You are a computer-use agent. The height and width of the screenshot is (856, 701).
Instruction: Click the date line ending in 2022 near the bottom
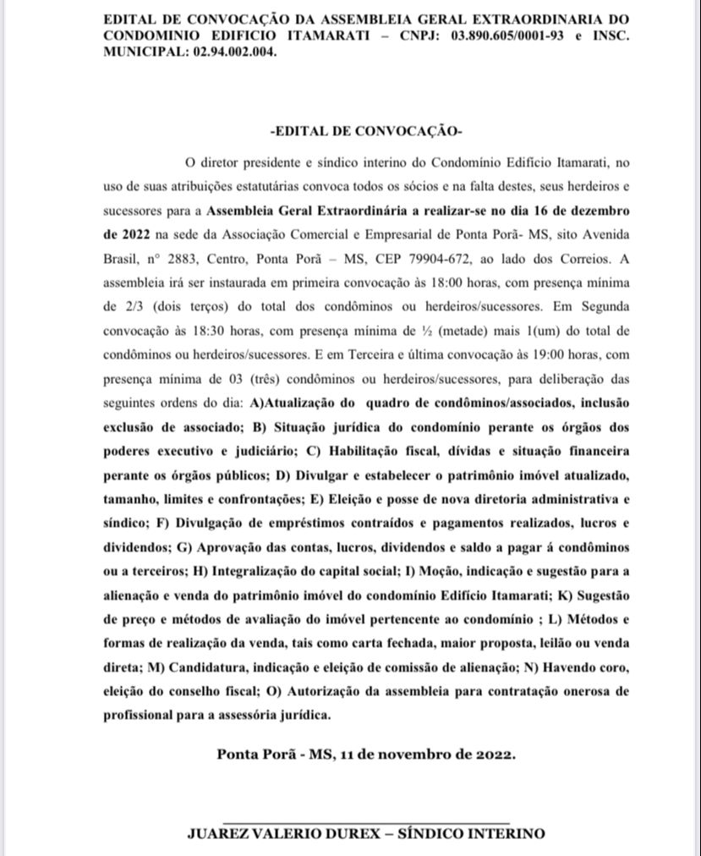(x=365, y=754)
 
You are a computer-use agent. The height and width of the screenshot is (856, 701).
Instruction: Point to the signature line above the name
(x=366, y=820)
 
